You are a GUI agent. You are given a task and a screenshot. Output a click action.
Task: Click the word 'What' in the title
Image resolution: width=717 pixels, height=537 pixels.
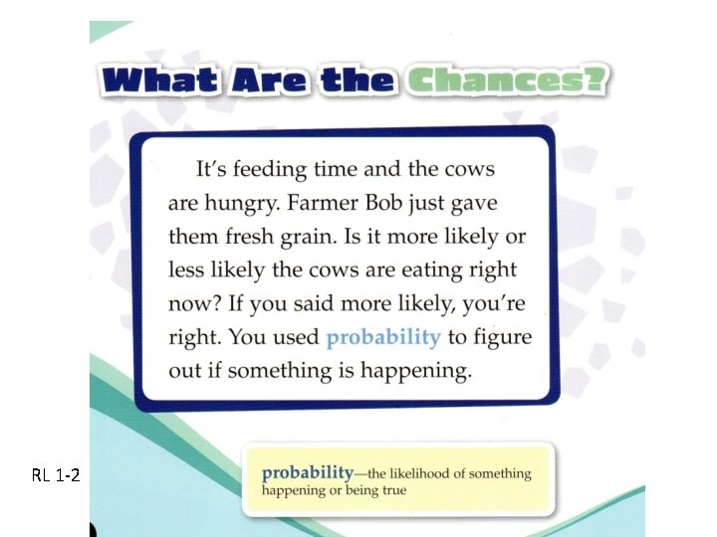pyautogui.click(x=160, y=80)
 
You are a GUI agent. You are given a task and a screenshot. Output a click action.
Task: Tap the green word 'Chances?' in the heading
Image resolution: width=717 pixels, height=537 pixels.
pyautogui.click(x=506, y=80)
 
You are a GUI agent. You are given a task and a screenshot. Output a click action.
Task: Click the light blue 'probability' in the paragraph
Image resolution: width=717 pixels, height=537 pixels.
pyautogui.click(x=383, y=337)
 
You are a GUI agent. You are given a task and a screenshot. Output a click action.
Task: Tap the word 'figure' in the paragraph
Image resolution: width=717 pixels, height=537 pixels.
pyautogui.click(x=503, y=337)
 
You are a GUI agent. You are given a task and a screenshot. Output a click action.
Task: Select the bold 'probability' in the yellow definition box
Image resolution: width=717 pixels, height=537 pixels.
pyautogui.click(x=307, y=472)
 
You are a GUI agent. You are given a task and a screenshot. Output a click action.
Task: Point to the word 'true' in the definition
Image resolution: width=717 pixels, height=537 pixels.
pyautogui.click(x=390, y=490)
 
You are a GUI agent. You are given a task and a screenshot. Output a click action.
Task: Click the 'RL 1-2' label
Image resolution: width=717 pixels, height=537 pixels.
pyautogui.click(x=55, y=475)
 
